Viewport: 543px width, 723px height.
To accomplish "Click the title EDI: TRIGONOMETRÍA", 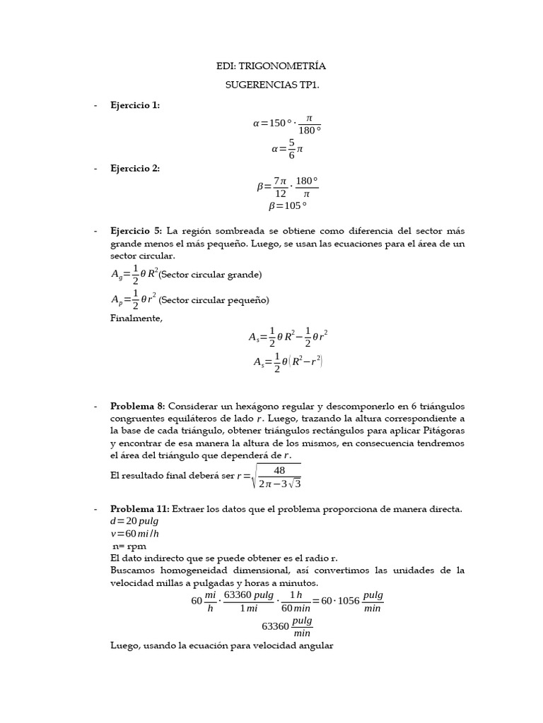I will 271,66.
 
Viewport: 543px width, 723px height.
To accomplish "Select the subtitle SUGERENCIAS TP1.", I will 271,85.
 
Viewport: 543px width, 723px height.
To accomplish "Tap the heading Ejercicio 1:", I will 135,105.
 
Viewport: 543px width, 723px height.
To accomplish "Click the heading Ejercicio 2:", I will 135,168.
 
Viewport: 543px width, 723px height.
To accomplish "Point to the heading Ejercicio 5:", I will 136,232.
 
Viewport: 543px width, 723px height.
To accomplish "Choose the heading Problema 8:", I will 137,406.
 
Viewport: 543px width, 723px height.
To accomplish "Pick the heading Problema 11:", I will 140,509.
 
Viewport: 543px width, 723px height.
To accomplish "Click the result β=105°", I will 288,206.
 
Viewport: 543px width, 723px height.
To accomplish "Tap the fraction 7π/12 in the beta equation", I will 280,187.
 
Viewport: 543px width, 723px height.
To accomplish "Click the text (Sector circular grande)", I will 210,275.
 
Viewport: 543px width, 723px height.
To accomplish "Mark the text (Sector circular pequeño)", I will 214,300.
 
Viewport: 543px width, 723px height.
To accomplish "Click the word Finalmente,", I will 136,318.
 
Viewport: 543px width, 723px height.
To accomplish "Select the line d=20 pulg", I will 134,521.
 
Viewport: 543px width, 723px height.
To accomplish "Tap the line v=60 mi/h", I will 135,533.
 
